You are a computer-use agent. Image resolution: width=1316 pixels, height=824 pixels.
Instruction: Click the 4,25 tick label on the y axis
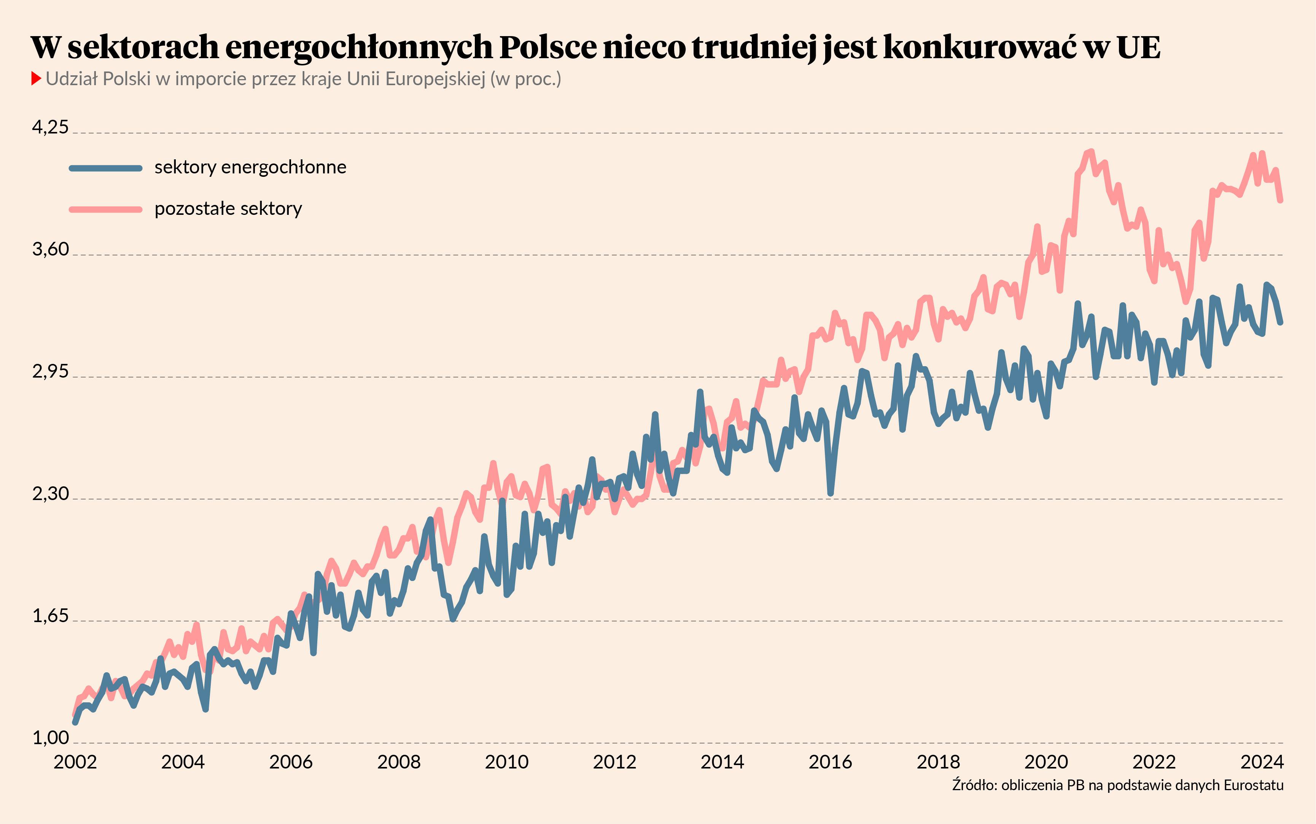pyautogui.click(x=50, y=127)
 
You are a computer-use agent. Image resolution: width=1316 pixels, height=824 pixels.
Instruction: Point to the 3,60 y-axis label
pyautogui.click(x=50, y=249)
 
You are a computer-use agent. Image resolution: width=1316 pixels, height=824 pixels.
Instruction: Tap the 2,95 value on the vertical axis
pyautogui.click(x=50, y=371)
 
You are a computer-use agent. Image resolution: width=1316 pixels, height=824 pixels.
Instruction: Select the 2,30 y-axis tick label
pyautogui.click(x=50, y=493)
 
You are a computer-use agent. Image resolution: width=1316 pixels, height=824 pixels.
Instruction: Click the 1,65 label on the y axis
pyautogui.click(x=50, y=615)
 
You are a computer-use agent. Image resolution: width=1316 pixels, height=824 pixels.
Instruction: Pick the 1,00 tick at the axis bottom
pyautogui.click(x=50, y=737)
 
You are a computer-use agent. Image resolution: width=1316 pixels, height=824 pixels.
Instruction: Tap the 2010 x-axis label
pyautogui.click(x=506, y=761)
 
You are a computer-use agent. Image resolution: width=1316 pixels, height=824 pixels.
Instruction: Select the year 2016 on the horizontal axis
pyautogui.click(x=830, y=761)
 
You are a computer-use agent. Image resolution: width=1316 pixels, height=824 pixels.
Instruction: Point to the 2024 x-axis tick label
pyautogui.click(x=1262, y=761)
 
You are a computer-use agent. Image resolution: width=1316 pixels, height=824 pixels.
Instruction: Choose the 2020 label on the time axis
pyautogui.click(x=1045, y=761)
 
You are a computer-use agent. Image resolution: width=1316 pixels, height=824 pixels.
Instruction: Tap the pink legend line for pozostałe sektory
pyautogui.click(x=106, y=209)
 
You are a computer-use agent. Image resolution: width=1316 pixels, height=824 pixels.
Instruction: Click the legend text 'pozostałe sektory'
pyautogui.click(x=228, y=209)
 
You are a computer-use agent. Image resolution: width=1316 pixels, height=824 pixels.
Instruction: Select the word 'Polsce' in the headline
pyautogui.click(x=547, y=48)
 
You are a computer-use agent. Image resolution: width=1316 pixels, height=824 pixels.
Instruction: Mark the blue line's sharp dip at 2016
pyautogui.click(x=830, y=494)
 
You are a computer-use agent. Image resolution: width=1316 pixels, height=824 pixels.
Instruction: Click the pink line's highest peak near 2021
pyautogui.click(x=1091, y=151)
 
